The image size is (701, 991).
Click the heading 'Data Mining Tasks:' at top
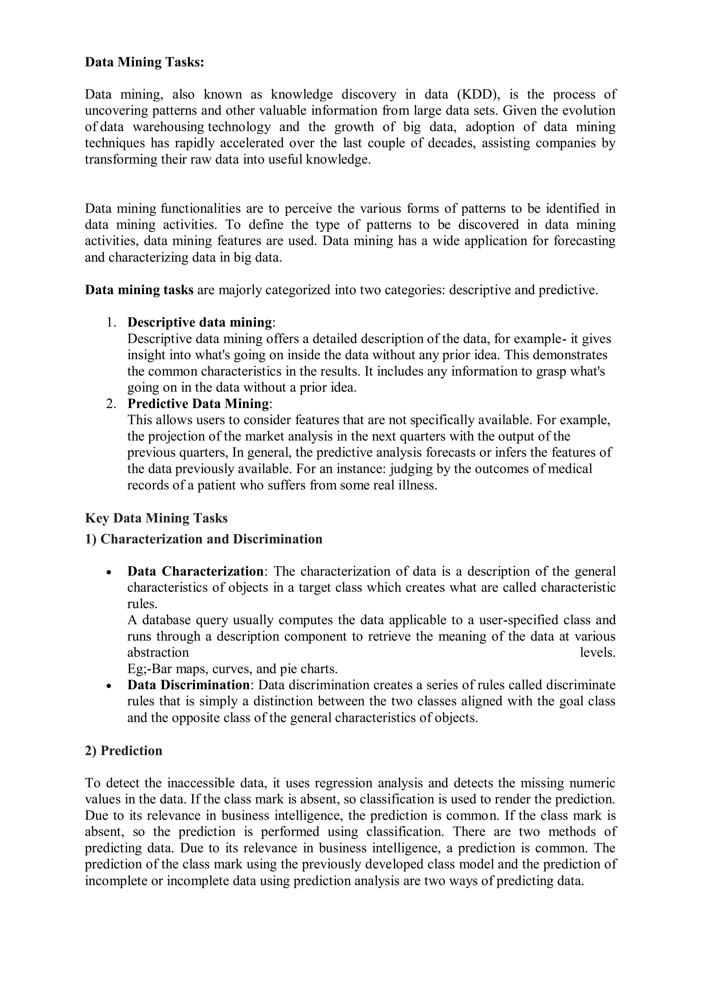point(144,62)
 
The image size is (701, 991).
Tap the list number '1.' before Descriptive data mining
point(112,323)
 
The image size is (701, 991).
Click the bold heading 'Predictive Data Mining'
point(198,404)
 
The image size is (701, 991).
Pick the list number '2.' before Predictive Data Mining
point(112,404)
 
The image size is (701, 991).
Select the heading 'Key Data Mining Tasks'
point(156,518)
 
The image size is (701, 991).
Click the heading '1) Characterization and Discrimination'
point(203,539)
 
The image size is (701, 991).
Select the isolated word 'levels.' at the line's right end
point(597,653)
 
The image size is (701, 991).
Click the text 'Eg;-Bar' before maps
point(150,669)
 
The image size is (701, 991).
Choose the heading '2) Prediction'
point(124,751)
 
